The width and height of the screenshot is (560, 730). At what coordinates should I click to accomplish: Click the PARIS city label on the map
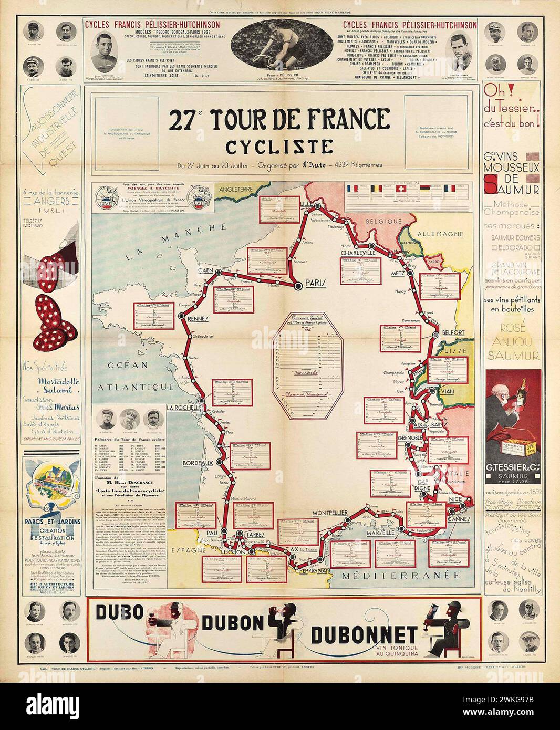tap(316, 283)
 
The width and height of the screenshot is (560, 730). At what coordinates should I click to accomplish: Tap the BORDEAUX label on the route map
tap(198, 463)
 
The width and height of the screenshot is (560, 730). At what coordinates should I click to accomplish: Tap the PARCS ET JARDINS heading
tap(49, 522)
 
